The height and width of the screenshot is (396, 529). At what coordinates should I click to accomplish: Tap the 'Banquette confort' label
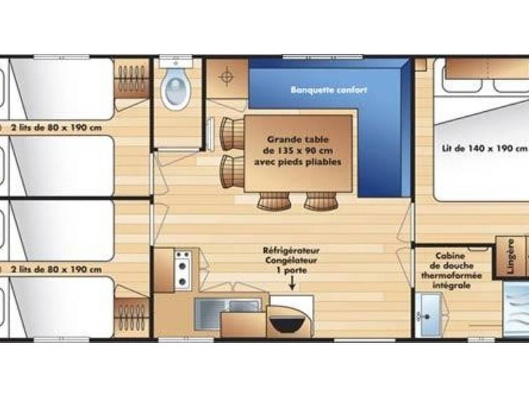click(329, 90)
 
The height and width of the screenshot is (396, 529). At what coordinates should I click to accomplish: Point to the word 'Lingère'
click(511, 256)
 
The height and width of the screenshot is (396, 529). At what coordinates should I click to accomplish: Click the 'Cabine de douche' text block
click(451, 270)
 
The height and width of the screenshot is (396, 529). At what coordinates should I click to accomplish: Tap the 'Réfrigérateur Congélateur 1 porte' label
click(291, 260)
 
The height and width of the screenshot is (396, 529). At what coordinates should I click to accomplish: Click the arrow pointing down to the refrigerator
click(293, 284)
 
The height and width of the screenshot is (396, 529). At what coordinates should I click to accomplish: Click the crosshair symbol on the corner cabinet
click(227, 77)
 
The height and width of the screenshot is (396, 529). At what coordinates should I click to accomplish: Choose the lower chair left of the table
click(231, 169)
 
